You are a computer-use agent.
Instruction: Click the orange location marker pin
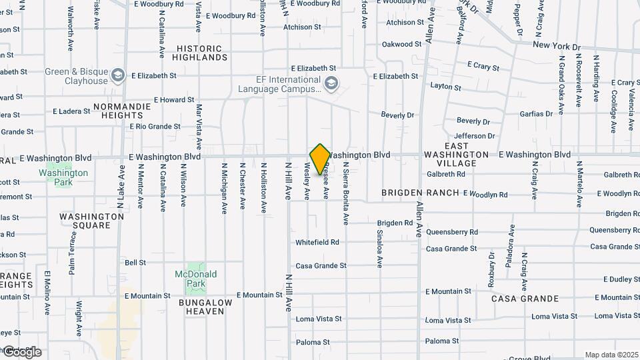click(320, 158)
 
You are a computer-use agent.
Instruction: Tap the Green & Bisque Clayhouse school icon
click(119, 74)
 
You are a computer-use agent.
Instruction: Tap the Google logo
click(21, 351)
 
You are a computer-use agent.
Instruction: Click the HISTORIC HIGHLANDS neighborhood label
click(200, 53)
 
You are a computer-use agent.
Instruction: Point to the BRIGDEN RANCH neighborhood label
click(420, 193)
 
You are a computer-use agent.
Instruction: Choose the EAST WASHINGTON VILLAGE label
click(460, 154)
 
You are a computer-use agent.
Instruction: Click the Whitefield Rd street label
click(317, 242)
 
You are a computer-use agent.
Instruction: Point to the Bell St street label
click(135, 263)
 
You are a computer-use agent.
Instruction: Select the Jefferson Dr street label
click(475, 136)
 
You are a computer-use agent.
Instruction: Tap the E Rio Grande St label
click(155, 126)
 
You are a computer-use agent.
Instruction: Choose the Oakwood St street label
click(402, 45)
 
